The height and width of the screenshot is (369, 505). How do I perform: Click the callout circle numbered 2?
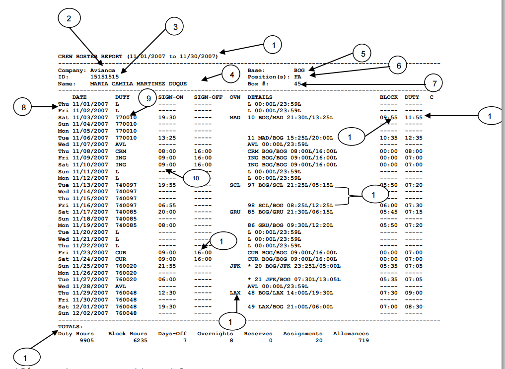69,18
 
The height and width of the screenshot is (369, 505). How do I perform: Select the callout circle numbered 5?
362,53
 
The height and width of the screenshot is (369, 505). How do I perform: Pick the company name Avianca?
102,71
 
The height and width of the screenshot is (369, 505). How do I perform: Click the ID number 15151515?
104,77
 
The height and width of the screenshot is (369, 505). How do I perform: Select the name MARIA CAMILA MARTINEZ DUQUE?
139,84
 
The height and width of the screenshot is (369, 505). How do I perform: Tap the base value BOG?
299,71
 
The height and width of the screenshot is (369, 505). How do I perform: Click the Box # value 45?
297,84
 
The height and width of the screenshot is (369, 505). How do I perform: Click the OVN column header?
235,97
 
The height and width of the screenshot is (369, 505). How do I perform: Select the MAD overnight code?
235,118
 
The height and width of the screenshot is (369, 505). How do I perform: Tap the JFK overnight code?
235,266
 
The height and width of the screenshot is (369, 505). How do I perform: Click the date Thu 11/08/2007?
83,150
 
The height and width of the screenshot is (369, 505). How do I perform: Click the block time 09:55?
388,118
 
